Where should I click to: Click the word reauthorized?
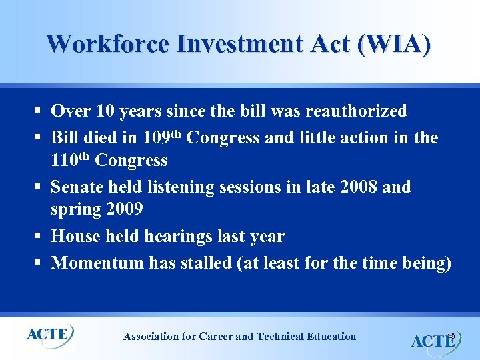(352, 110)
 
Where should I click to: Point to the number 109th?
(161, 137)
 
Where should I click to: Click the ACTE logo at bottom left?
(49, 334)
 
